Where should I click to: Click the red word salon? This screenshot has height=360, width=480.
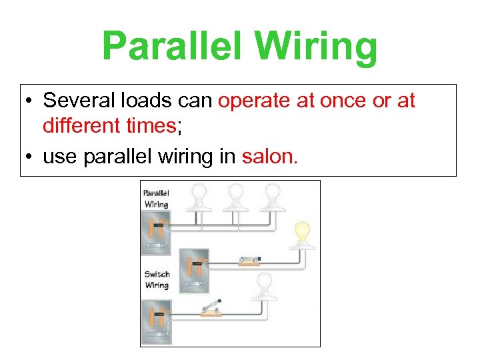point(270,157)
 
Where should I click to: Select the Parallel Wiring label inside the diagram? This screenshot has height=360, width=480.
point(157,199)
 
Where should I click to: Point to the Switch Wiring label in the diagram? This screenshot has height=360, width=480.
point(157,279)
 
